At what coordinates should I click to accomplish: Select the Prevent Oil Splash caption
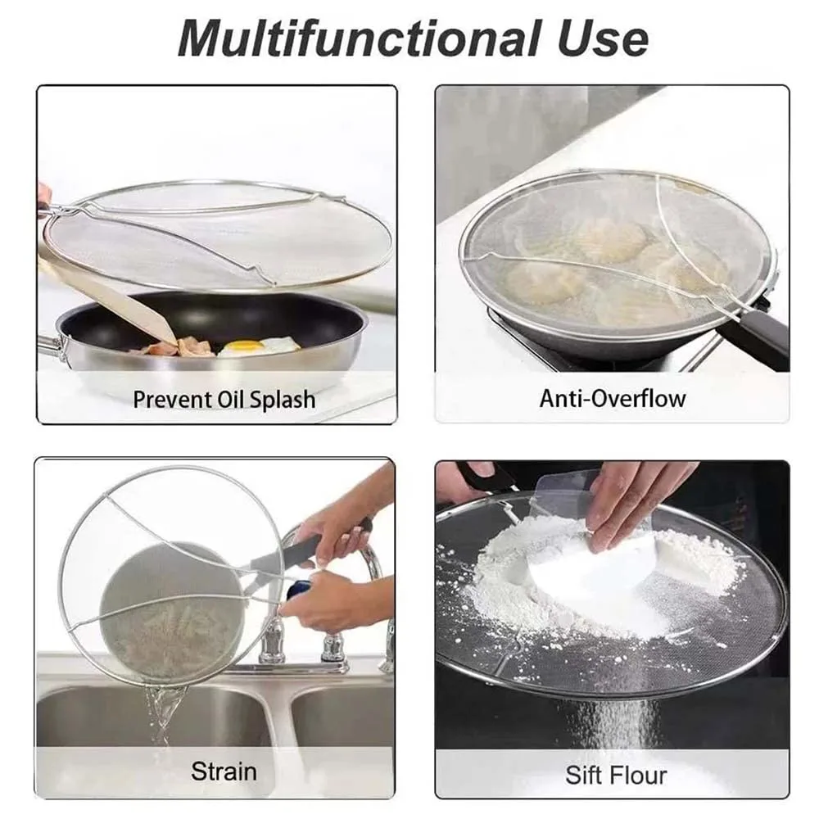tap(224, 400)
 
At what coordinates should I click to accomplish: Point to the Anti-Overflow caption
tap(612, 399)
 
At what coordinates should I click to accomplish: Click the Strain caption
tap(224, 771)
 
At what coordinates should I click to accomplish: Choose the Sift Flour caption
tap(615, 775)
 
